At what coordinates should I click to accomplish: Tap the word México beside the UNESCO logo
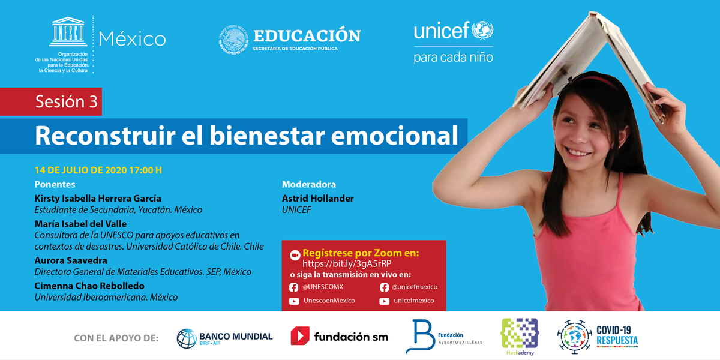click(132, 39)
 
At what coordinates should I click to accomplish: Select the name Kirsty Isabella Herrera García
click(98, 198)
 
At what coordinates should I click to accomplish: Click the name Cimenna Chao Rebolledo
click(89, 286)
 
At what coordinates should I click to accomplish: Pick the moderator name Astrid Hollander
click(317, 198)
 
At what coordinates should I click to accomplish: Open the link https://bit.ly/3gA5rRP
click(347, 263)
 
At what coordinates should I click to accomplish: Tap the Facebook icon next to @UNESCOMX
click(294, 287)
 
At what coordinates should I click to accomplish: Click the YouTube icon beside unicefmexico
click(385, 301)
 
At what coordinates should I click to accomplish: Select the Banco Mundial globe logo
click(187, 338)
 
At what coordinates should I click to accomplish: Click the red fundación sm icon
click(300, 336)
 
